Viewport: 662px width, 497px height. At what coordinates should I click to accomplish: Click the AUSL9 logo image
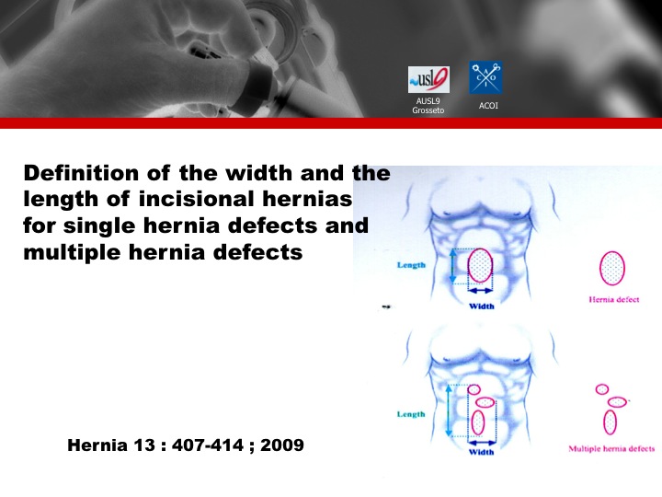428,79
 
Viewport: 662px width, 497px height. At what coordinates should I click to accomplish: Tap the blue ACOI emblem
486,77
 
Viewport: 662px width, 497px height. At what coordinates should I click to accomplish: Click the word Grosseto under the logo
428,110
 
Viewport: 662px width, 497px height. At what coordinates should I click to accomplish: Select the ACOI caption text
488,106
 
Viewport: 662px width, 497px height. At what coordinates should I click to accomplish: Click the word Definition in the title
81,173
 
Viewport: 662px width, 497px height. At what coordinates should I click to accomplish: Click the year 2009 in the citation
282,445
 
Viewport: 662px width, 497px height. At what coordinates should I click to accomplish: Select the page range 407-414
208,445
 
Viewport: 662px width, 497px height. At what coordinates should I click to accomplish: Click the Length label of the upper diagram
411,265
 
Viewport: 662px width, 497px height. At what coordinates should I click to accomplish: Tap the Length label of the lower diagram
411,414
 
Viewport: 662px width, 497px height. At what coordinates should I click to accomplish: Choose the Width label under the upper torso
481,306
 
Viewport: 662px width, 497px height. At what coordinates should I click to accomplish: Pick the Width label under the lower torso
481,452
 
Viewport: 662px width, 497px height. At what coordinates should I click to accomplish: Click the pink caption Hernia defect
614,300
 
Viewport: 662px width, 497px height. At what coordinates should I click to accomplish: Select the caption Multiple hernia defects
611,448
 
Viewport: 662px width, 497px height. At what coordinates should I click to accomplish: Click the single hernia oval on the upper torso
480,265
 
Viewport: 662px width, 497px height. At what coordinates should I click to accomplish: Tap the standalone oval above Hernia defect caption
612,268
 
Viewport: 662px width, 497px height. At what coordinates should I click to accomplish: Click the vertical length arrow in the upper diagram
453,266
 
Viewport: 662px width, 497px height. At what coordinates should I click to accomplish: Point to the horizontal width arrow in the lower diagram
481,443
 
